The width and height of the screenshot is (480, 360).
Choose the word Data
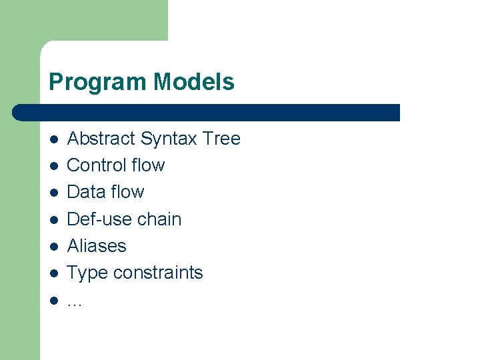[86, 192]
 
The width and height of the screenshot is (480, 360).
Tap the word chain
[159, 219]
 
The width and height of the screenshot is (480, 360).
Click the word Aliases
[97, 246]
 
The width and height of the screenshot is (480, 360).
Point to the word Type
[87, 273]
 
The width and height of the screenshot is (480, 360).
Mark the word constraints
[158, 273]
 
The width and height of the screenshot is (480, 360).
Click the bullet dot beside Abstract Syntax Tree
[53, 139]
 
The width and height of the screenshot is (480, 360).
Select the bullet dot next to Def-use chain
[53, 220]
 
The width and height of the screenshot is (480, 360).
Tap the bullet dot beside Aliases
[53, 247]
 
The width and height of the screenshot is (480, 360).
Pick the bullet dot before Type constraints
[53, 273]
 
